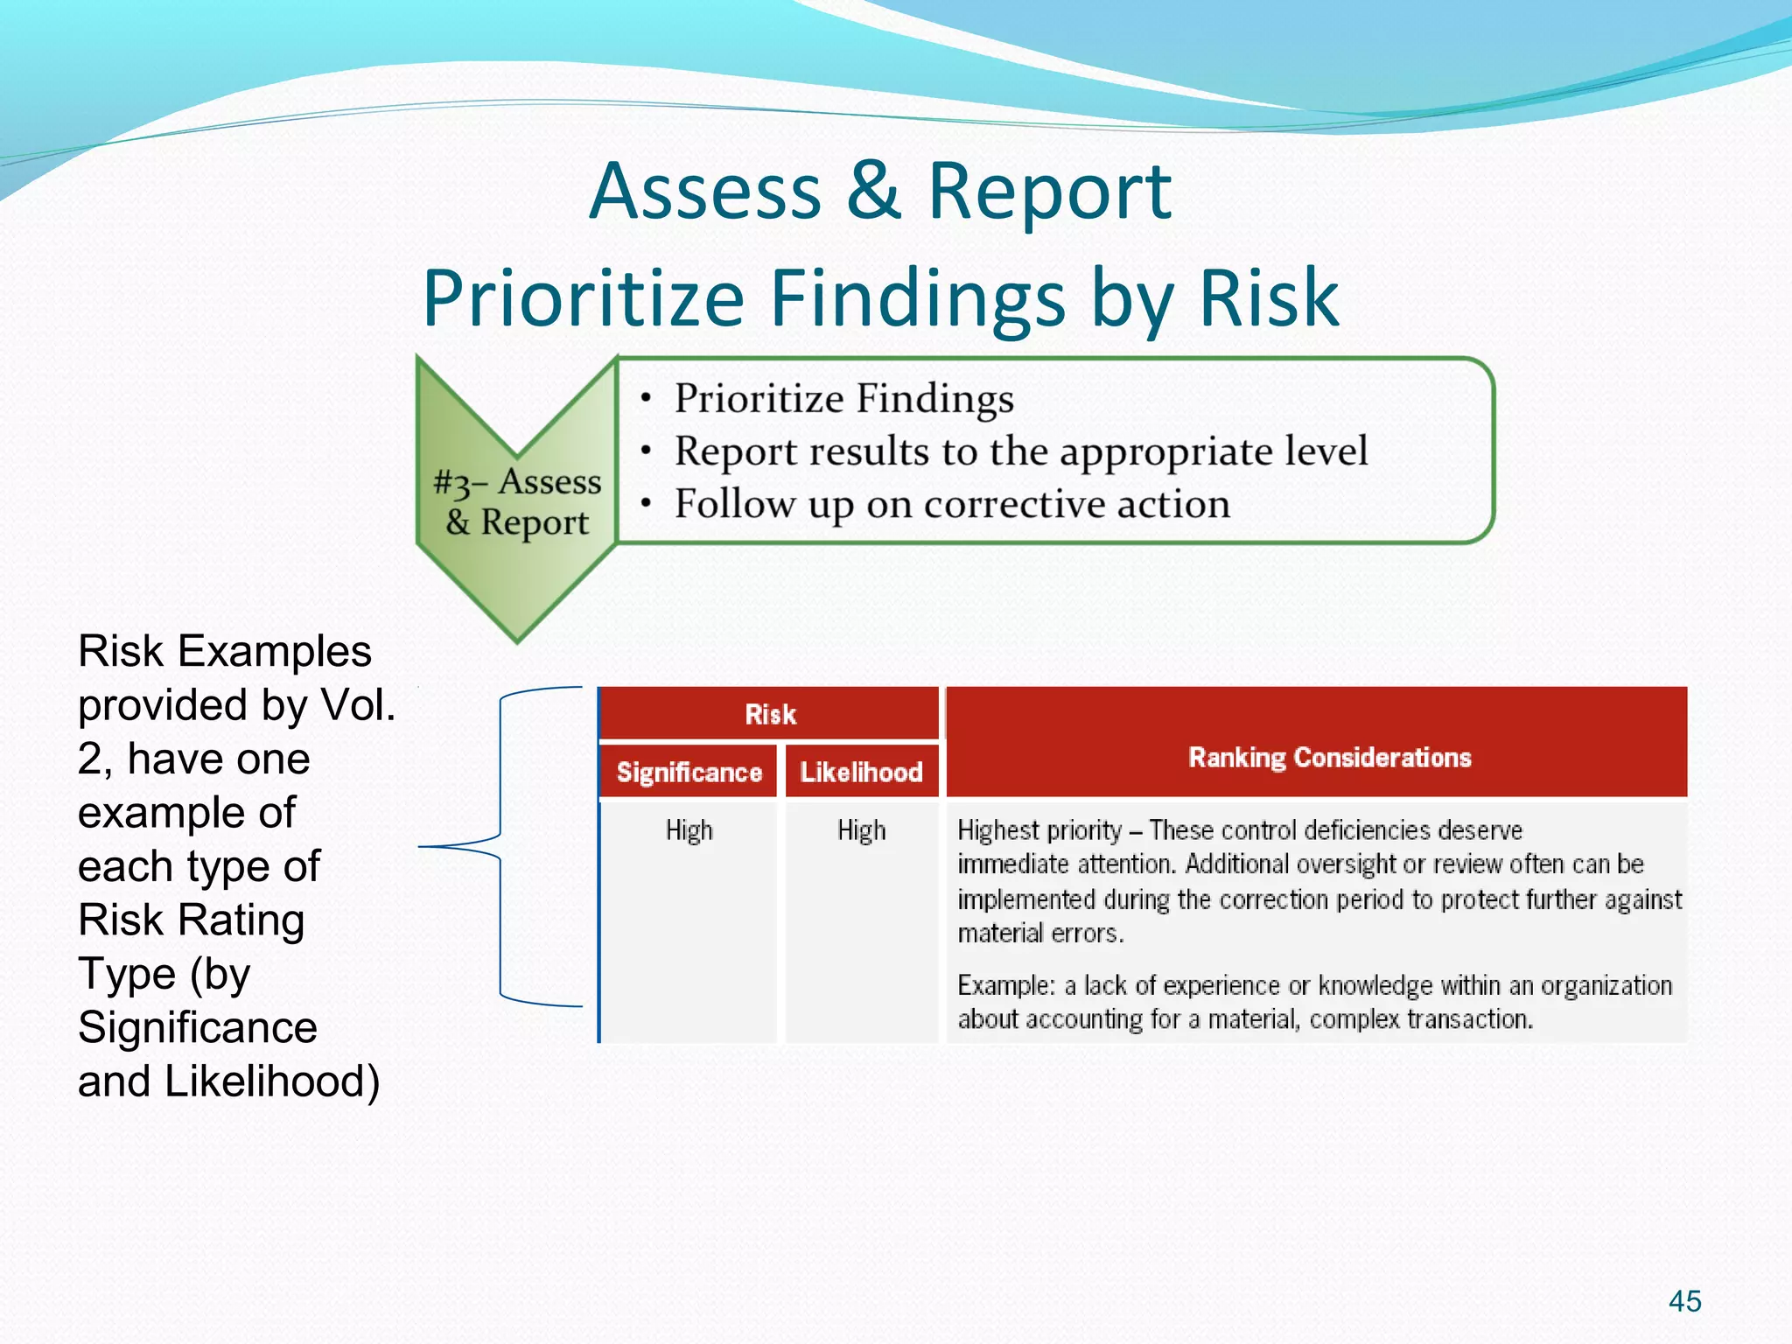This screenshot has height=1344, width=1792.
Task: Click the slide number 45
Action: tap(1684, 1301)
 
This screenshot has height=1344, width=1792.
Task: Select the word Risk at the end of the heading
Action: tap(1269, 299)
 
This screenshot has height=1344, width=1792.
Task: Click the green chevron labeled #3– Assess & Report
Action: tap(517, 501)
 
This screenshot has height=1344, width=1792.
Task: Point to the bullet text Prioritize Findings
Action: tap(843, 399)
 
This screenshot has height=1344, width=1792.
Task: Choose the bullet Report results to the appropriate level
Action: tap(1020, 451)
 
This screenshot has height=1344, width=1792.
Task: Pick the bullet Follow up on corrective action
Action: tap(952, 505)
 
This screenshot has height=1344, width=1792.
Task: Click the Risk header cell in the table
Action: tap(770, 714)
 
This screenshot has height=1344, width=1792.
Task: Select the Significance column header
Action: tap(689, 772)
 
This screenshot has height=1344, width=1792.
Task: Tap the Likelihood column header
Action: tap(861, 772)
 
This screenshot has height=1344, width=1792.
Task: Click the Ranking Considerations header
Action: tap(1329, 757)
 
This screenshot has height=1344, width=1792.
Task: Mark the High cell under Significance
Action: tap(689, 829)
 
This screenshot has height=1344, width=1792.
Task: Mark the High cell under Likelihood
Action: tap(861, 829)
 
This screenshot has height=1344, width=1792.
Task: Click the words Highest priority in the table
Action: tap(1039, 829)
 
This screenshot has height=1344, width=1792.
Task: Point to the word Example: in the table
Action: tap(1005, 986)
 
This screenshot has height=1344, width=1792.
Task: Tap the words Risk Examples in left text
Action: tap(225, 652)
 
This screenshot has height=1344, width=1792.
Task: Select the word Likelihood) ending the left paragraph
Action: tap(272, 1081)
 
